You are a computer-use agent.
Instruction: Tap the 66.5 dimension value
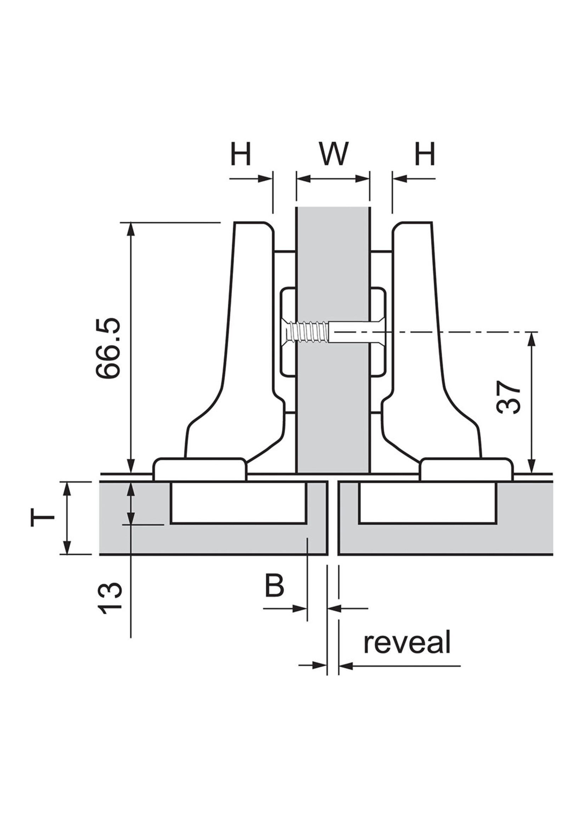click(108, 348)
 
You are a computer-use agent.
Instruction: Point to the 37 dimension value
click(509, 397)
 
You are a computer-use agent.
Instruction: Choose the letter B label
click(274, 585)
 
